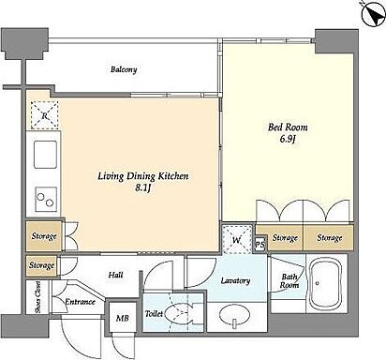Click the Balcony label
click(x=124, y=69)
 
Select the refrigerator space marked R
click(x=45, y=115)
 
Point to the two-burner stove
click(x=46, y=199)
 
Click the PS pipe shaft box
click(x=260, y=245)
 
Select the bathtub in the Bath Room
click(x=326, y=283)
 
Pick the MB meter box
click(x=122, y=318)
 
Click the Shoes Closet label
click(x=37, y=297)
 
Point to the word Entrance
click(x=80, y=302)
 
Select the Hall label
click(x=115, y=275)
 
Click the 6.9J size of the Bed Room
click(x=288, y=139)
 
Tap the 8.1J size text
click(x=143, y=188)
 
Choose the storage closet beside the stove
click(x=44, y=236)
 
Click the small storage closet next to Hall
click(x=42, y=266)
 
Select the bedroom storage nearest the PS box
click(x=284, y=238)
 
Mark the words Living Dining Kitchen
click(x=143, y=176)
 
